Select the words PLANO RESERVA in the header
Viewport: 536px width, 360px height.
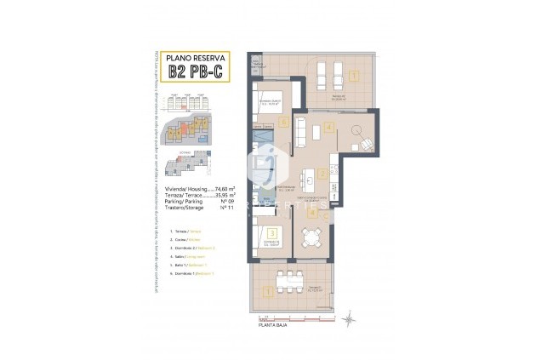click(195, 57)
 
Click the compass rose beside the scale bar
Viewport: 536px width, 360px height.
click(349, 318)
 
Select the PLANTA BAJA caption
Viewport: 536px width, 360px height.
click(275, 325)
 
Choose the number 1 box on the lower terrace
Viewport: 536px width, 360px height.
click(269, 291)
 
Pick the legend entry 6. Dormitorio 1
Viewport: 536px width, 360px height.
click(195, 272)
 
